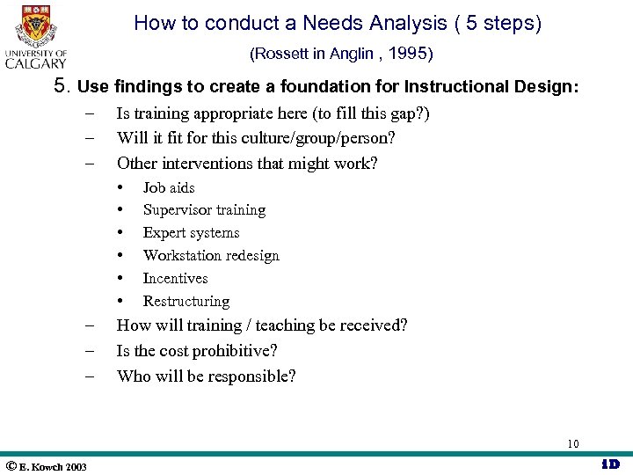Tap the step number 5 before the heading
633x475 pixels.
pos(61,86)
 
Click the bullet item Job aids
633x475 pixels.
pos(169,187)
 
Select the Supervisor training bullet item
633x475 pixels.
pos(204,210)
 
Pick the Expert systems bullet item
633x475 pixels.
pos(191,233)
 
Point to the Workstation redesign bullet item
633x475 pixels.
pos(211,256)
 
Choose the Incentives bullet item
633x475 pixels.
pos(175,279)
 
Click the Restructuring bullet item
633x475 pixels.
pos(186,302)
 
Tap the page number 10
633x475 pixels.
pos(572,443)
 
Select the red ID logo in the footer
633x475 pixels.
pos(610,464)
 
